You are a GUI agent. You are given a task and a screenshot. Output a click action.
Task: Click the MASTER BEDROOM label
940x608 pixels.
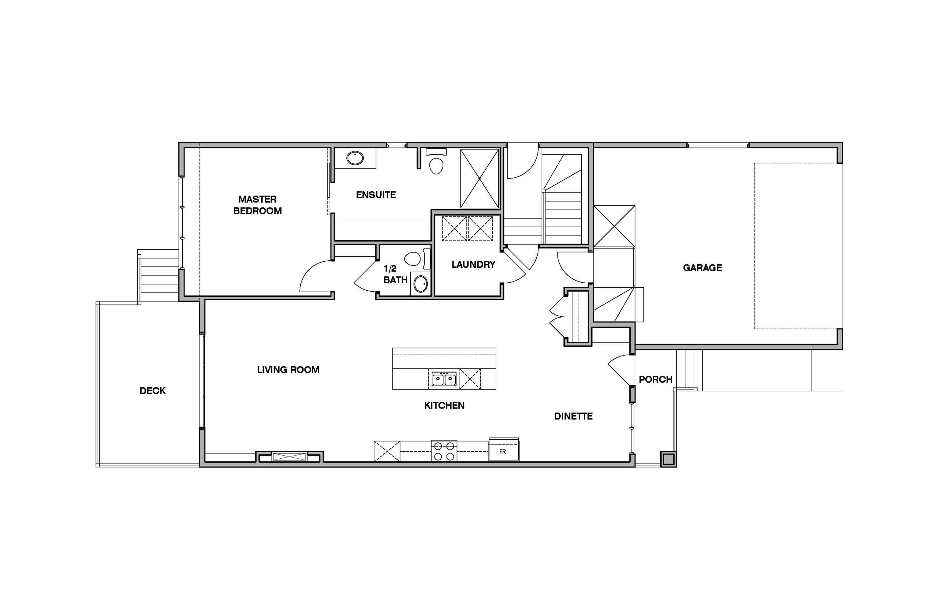point(257,205)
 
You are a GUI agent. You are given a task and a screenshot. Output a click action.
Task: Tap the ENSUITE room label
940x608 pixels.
point(375,195)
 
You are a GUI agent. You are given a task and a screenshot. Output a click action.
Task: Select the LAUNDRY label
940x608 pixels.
point(473,264)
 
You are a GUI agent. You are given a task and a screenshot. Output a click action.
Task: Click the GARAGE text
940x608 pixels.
point(702,268)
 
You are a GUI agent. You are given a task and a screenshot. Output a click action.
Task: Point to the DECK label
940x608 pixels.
point(152,390)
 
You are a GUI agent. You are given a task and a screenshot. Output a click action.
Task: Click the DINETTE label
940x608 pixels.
point(573,416)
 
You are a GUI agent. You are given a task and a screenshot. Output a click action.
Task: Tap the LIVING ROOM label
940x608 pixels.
point(288,370)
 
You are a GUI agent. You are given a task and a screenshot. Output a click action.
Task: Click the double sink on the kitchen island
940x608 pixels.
point(443,379)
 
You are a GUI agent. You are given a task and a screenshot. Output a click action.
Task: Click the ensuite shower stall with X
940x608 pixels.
point(479,178)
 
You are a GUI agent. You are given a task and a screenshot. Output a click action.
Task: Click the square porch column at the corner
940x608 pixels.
point(668,460)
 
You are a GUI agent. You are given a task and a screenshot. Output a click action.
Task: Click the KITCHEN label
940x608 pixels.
point(444,405)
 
